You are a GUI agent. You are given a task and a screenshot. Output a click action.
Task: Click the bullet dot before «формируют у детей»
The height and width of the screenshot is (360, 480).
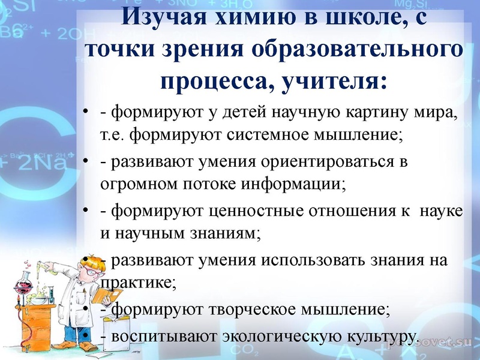click(x=86, y=113)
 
